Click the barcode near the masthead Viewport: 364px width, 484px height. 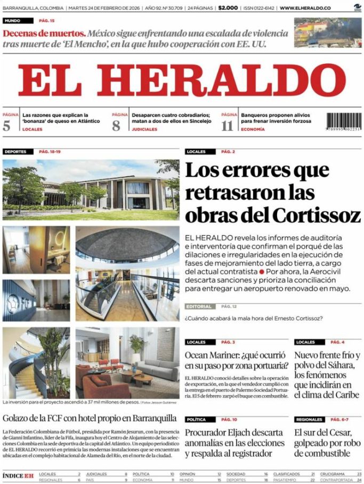(343, 124)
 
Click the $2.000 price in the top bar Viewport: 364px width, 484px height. (228, 8)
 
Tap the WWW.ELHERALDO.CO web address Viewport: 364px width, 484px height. (305, 8)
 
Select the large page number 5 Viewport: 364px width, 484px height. (6, 126)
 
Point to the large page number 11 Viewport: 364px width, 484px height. (228, 126)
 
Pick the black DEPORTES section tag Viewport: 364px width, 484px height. (15, 152)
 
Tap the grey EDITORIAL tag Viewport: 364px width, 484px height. (200, 307)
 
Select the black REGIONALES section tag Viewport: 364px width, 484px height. (309, 420)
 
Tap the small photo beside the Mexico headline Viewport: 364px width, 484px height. (327, 32)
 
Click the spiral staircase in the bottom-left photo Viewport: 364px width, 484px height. (24, 373)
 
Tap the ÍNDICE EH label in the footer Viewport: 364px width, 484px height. (18, 475)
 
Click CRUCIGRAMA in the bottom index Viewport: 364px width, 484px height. (333, 473)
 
